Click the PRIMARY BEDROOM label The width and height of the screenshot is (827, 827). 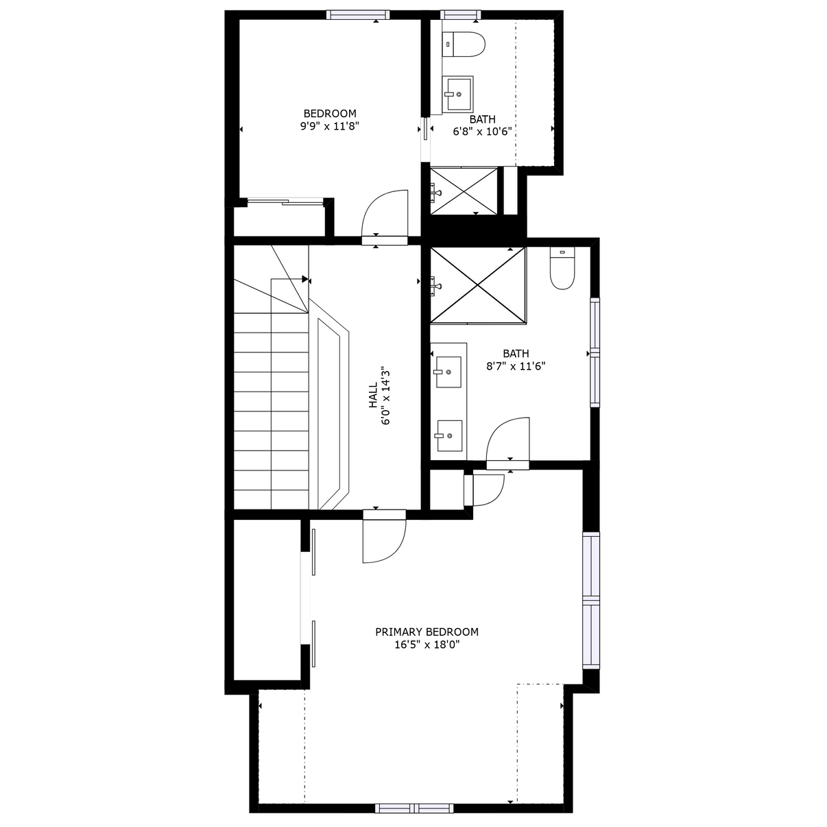[x=427, y=632]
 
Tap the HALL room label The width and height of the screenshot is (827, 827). [x=373, y=396]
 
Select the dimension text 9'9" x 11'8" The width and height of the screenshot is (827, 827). [x=329, y=126]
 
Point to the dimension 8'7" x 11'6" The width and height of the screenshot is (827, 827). [x=516, y=366]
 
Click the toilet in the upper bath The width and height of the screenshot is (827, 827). [x=464, y=44]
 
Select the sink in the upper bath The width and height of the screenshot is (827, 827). [x=457, y=94]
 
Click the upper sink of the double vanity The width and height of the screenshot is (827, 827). [x=448, y=372]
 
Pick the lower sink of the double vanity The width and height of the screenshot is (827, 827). [x=449, y=435]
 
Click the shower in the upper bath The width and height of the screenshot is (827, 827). [x=464, y=191]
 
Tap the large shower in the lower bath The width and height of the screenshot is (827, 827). [x=478, y=285]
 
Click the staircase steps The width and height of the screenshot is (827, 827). [x=271, y=411]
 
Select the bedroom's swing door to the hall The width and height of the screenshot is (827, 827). [x=385, y=217]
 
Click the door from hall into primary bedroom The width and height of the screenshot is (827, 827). [x=384, y=536]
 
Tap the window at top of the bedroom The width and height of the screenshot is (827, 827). [x=358, y=15]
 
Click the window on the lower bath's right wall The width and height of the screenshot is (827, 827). [x=595, y=352]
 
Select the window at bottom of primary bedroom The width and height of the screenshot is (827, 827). [x=414, y=808]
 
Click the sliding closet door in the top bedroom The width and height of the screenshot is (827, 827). [x=285, y=202]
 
